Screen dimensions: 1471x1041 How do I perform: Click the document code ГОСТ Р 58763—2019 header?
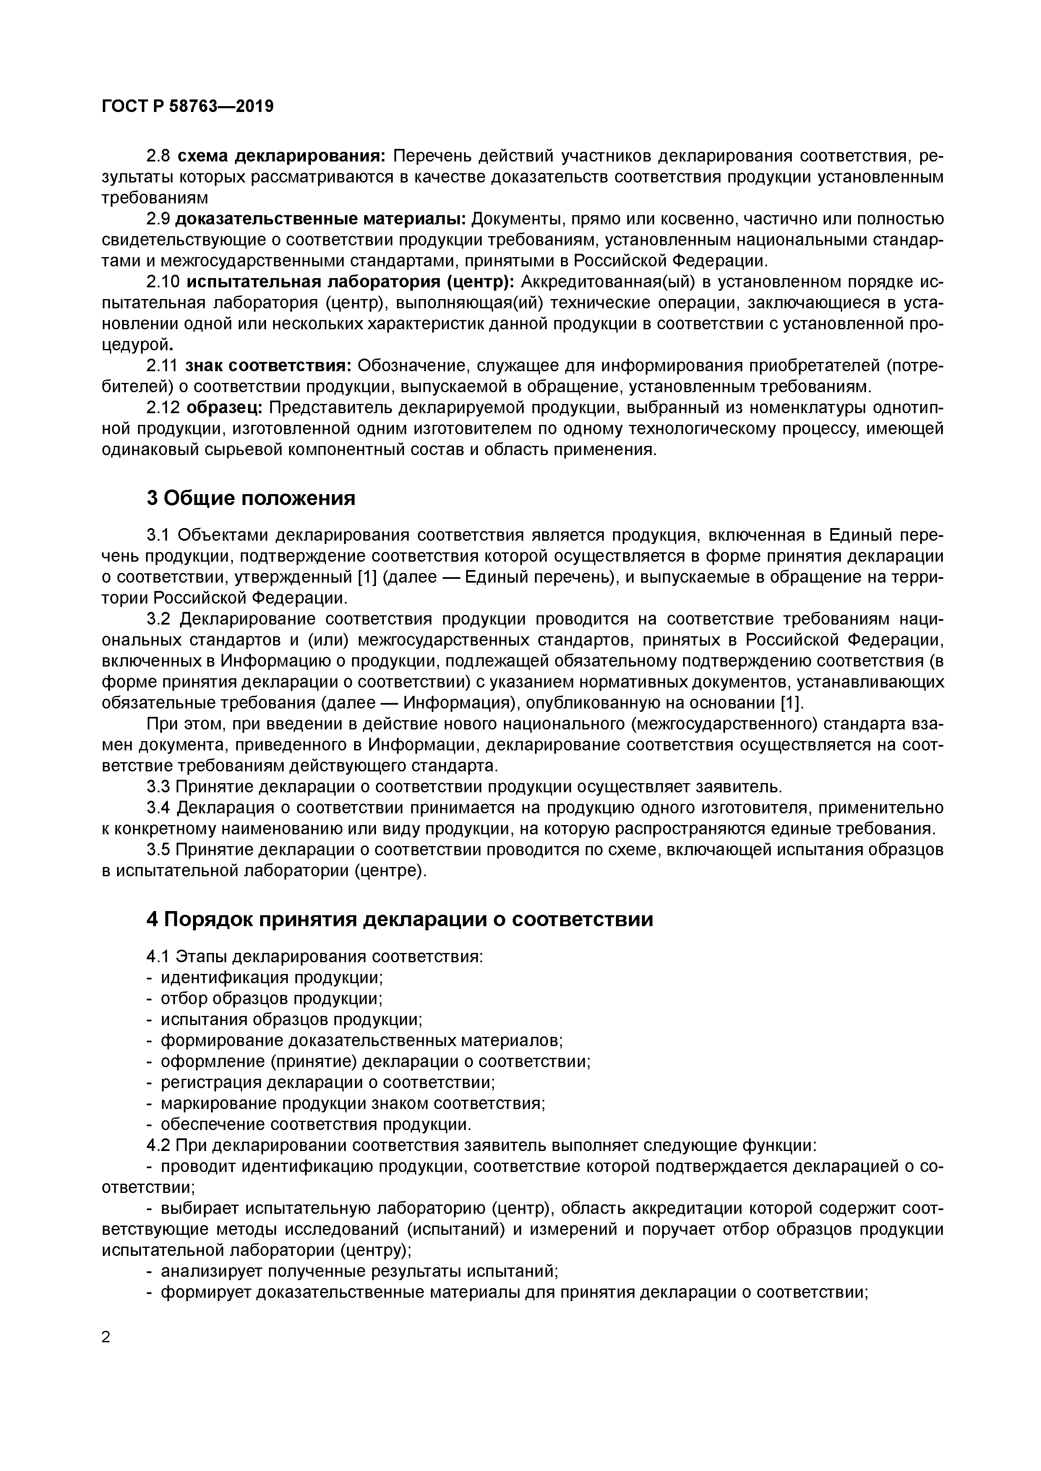click(x=187, y=107)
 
